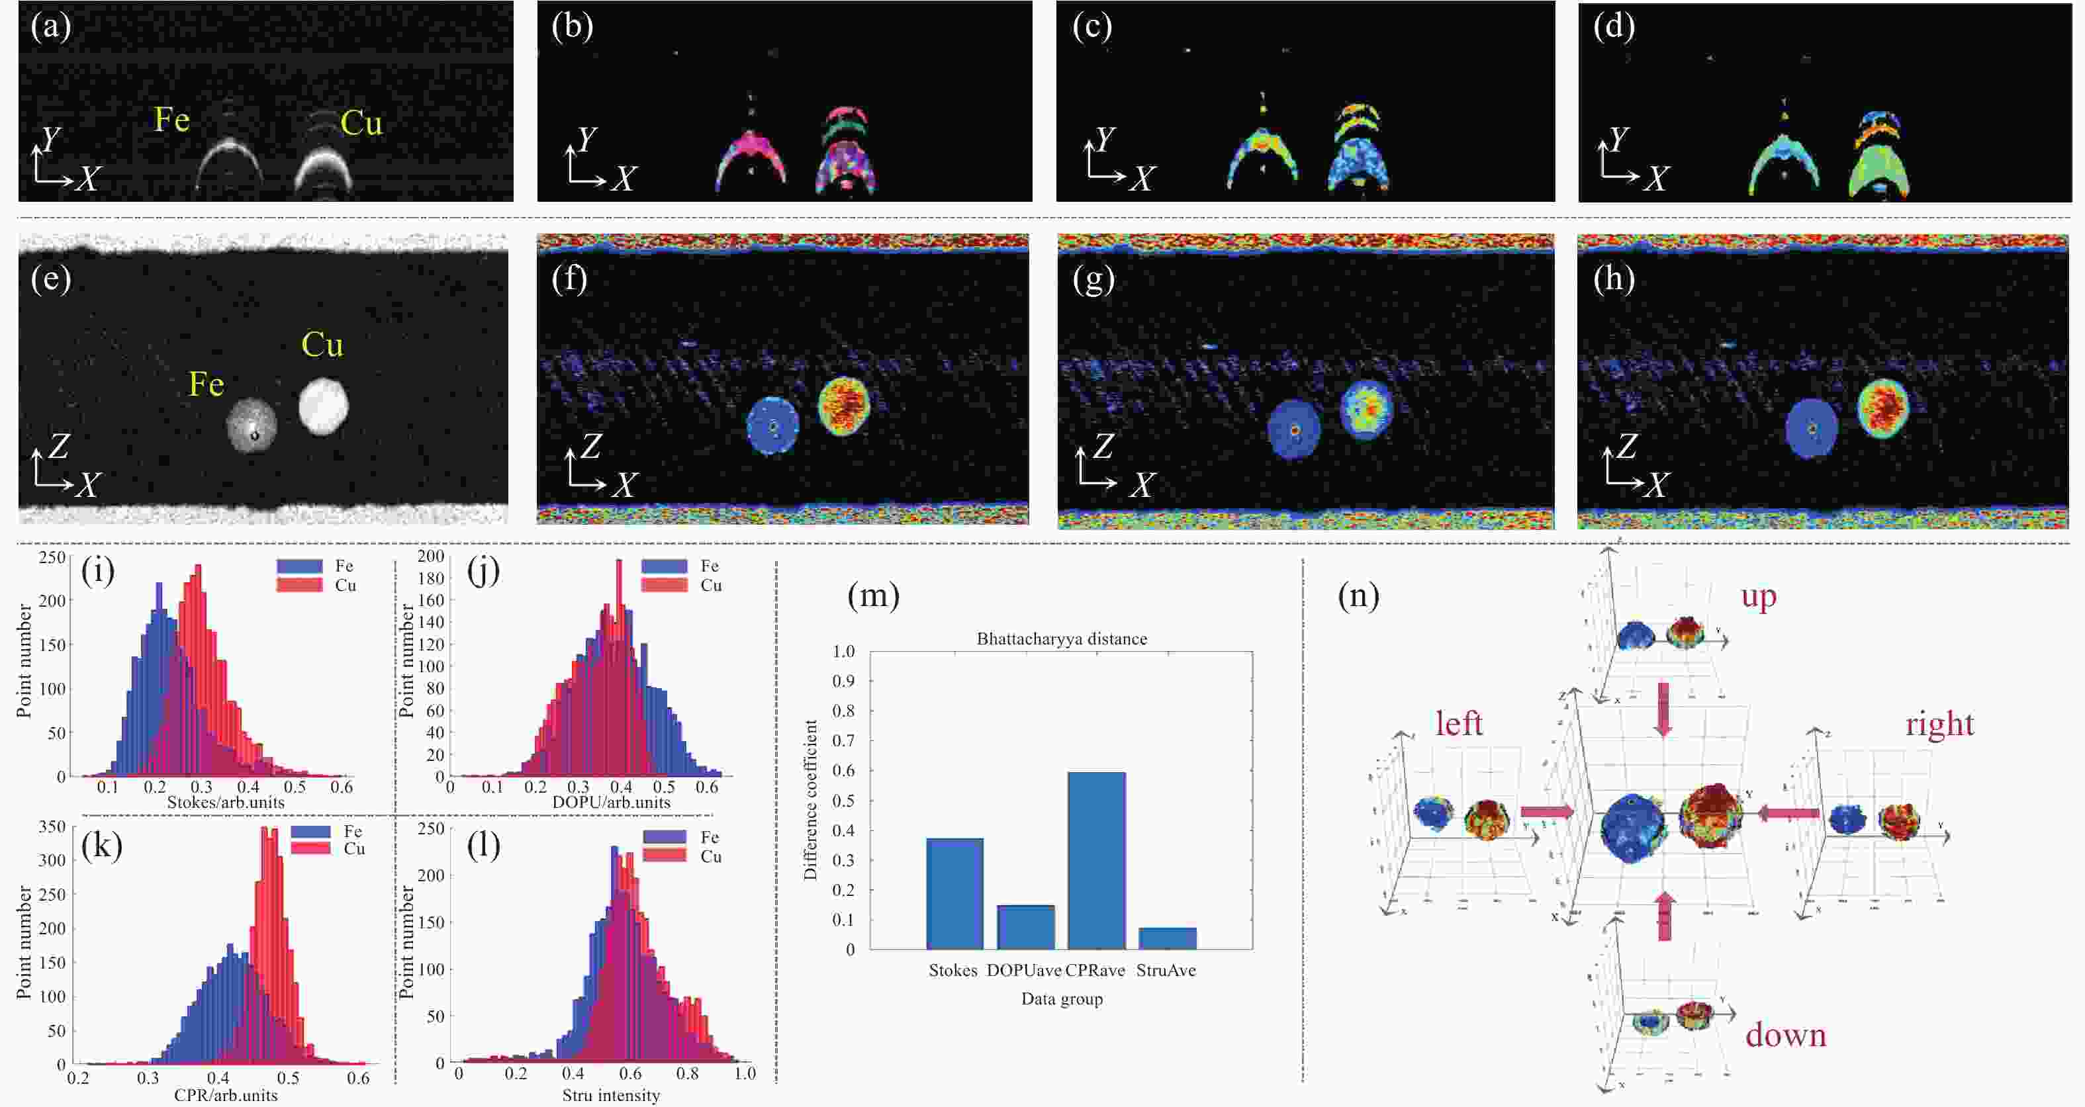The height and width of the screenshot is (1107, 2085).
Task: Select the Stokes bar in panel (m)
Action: [954, 893]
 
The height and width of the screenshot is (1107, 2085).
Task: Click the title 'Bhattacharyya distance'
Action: [1061, 639]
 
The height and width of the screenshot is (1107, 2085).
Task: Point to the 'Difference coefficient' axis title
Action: [810, 799]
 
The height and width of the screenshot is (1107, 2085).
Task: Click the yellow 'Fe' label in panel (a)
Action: [171, 120]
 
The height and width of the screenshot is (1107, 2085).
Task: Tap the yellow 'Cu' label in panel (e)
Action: [322, 345]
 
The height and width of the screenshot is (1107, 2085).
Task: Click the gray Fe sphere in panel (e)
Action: [252, 425]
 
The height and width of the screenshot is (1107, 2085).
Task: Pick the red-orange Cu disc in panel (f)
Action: [843, 406]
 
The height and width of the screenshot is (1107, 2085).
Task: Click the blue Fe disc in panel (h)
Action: [1812, 428]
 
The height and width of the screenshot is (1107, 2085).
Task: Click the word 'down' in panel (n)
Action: [1786, 1036]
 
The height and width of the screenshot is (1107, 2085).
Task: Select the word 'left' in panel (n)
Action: [1459, 723]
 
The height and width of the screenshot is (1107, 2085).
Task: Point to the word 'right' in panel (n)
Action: [1939, 723]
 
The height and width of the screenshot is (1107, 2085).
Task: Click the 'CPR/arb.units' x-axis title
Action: [226, 1096]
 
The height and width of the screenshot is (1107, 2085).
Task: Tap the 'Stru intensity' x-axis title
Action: [611, 1096]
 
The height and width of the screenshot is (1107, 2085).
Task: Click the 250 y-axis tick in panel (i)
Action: [52, 558]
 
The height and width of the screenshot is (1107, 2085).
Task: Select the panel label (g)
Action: [1093, 279]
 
